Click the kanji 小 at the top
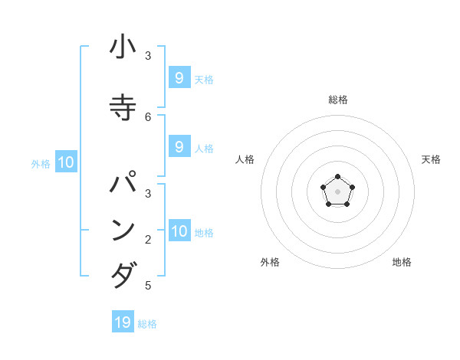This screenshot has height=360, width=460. [123, 47]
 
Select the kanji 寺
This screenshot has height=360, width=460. [123, 106]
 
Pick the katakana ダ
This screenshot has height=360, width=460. [123, 274]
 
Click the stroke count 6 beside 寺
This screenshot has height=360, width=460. [148, 116]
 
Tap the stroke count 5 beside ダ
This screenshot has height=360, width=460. [148, 286]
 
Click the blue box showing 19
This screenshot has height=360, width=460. [123, 322]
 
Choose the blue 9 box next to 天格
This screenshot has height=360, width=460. [179, 78]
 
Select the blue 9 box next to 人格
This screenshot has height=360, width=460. [179, 147]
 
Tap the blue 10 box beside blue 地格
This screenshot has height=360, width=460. [179, 231]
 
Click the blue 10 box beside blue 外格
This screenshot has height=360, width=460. [66, 162]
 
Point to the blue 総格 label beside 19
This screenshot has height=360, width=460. [147, 324]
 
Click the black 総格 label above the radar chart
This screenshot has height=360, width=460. [338, 100]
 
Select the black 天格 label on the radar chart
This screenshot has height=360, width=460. [431, 159]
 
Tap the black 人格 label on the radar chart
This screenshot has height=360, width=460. [245, 159]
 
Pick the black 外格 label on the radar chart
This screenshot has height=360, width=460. [270, 262]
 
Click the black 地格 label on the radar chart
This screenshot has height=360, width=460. [402, 262]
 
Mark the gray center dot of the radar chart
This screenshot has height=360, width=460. [337, 191]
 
